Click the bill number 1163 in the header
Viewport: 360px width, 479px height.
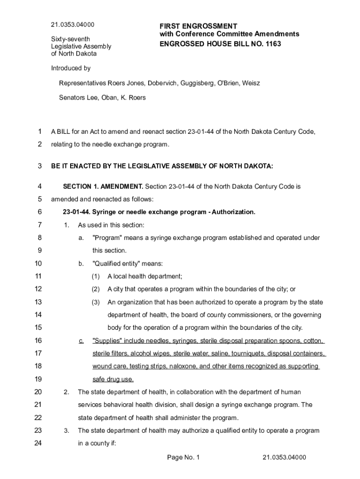[x=273, y=44]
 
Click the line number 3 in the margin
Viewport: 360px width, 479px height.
[x=40, y=166]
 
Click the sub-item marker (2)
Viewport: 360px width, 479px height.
[x=96, y=289]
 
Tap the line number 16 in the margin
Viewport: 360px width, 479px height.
[x=39, y=341]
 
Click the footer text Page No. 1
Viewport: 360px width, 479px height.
[x=183, y=457]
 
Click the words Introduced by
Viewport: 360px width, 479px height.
[x=71, y=68]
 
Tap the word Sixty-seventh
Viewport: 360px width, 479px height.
[x=71, y=39]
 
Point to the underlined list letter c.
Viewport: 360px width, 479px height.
[x=81, y=341]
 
